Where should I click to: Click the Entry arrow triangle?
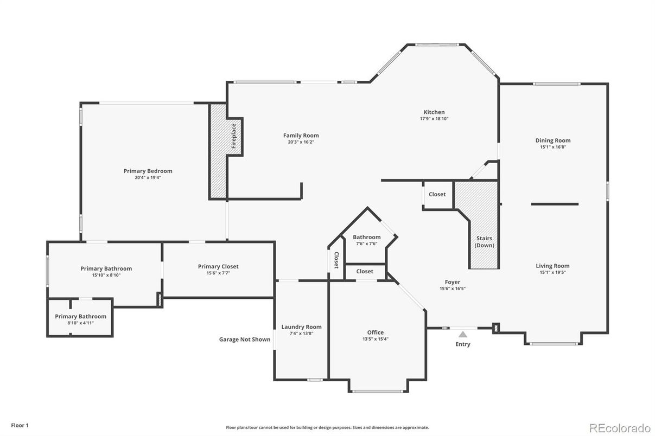[x=462, y=335]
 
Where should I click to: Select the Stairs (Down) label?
[x=485, y=242]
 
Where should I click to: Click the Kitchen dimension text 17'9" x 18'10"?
[x=434, y=119]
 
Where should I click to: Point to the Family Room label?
[x=301, y=136]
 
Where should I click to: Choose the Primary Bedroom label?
[x=148, y=171]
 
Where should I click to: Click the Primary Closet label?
[x=218, y=266]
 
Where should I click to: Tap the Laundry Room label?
[x=301, y=327]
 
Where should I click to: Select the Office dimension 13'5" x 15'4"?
[x=376, y=339]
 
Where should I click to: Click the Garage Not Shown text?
[x=244, y=339]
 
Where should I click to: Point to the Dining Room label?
[x=553, y=140]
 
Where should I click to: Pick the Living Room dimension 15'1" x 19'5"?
[x=553, y=272]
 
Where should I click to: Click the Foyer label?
[x=452, y=282]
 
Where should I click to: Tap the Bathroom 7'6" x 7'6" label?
[x=367, y=237]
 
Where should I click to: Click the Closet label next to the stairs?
[x=437, y=194]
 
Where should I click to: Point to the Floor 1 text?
[x=20, y=426]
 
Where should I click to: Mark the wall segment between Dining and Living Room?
[x=555, y=204]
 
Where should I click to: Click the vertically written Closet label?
[x=336, y=260]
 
